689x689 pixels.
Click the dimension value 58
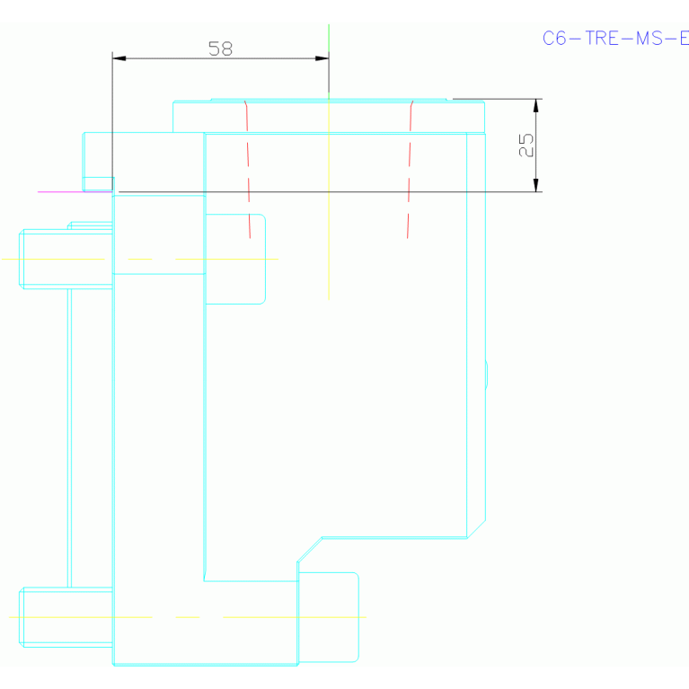[220, 49]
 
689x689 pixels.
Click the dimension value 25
[526, 145]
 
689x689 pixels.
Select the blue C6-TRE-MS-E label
[614, 38]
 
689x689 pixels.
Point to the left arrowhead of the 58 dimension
[119, 58]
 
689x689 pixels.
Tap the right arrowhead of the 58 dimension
[322, 58]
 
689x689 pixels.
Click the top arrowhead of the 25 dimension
[535, 105]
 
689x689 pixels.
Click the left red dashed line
[248, 171]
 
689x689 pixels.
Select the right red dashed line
[410, 171]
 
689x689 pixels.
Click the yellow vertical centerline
[329, 225]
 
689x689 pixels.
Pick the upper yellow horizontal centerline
[54, 260]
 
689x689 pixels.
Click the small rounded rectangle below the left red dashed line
[235, 259]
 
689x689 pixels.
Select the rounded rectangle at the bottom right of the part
[329, 617]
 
